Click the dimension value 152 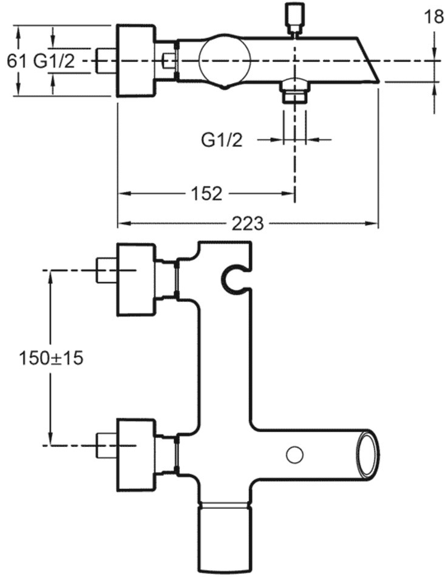pos(207,194)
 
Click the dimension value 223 pos(248,224)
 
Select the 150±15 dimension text pos(51,358)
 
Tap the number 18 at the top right pos(433,16)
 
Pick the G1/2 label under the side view pos(222,140)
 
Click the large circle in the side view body pos(225,60)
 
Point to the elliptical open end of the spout pos(369,454)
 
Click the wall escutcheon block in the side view pos(136,60)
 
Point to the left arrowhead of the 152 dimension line pos(121,194)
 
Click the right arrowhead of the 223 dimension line pos(375,224)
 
